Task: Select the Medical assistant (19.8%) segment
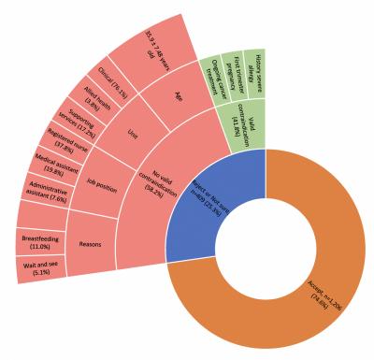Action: tap(42, 168)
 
